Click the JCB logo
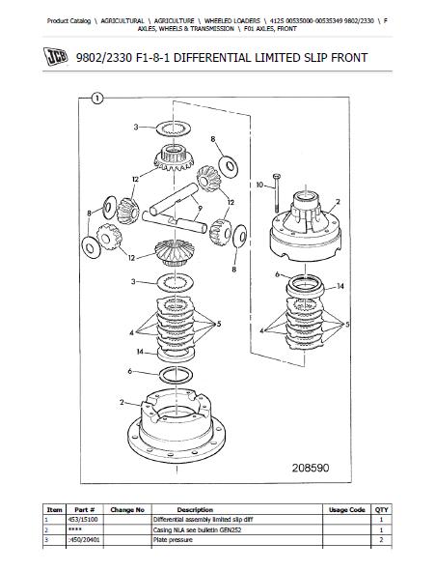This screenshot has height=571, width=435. tap(55, 57)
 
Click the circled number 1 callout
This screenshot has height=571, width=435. tap(97, 99)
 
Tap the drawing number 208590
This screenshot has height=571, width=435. tap(310, 468)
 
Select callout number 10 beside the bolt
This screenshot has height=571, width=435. tap(259, 185)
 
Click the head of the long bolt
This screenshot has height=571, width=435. tap(277, 176)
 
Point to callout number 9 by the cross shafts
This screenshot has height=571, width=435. tap(200, 209)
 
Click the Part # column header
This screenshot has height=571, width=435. tap(85, 510)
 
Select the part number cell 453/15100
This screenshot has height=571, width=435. tap(83, 520)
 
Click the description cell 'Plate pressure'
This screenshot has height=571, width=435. tap(173, 540)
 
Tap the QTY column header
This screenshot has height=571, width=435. tap(382, 510)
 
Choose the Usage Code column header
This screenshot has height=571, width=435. tap(346, 510)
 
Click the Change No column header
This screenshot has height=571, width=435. tap(127, 510)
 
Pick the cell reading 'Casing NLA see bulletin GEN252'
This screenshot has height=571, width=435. tap(197, 529)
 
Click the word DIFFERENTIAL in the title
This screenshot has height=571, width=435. tap(212, 58)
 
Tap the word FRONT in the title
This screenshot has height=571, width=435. tap(349, 58)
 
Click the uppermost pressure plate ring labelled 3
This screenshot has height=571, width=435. tap(174, 128)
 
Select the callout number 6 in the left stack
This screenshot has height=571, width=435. tap(130, 371)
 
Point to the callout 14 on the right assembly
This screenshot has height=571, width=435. tap(340, 286)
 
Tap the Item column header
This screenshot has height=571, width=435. tap(55, 510)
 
